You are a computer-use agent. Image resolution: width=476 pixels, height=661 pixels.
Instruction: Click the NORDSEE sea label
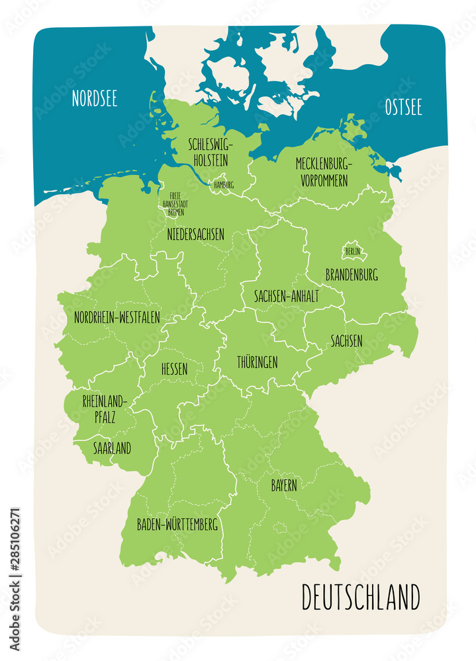click(95, 99)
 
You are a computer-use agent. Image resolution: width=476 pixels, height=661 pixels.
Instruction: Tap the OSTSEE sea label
click(403, 108)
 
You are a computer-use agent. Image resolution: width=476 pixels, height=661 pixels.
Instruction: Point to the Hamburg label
click(223, 185)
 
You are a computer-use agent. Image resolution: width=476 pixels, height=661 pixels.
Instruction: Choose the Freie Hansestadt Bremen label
click(175, 204)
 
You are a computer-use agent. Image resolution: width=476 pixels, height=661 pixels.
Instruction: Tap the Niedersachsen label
click(195, 234)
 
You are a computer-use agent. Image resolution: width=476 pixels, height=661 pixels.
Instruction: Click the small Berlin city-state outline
click(352, 251)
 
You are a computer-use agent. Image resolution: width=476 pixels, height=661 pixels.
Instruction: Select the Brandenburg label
click(352, 274)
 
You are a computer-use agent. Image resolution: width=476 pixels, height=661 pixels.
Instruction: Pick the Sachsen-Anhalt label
click(286, 297)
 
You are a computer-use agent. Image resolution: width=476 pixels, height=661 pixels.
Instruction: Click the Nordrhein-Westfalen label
click(117, 317)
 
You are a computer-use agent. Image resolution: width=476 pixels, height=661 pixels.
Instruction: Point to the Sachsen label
click(346, 341)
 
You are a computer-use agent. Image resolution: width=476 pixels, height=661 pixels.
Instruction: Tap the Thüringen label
click(257, 362)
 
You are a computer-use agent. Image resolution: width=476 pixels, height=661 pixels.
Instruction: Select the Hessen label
click(174, 369)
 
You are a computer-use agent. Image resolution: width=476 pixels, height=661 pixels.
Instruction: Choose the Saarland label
click(112, 448)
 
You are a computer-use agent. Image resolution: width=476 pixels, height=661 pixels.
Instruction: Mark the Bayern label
click(283, 485)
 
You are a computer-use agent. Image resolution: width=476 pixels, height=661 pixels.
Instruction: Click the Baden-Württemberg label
click(177, 525)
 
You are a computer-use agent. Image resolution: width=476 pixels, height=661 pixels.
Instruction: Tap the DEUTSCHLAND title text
click(361, 597)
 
